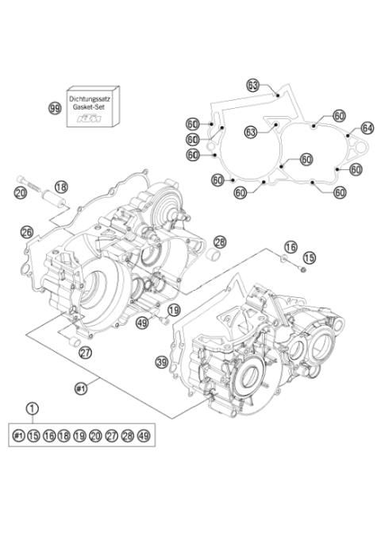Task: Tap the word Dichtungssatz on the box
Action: [92, 94]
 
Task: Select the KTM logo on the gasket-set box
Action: [92, 118]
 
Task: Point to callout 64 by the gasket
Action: [367, 127]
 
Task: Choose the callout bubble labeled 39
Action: [161, 362]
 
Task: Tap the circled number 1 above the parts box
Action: [32, 409]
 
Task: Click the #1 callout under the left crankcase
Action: [80, 388]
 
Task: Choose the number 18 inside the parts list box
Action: [64, 436]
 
